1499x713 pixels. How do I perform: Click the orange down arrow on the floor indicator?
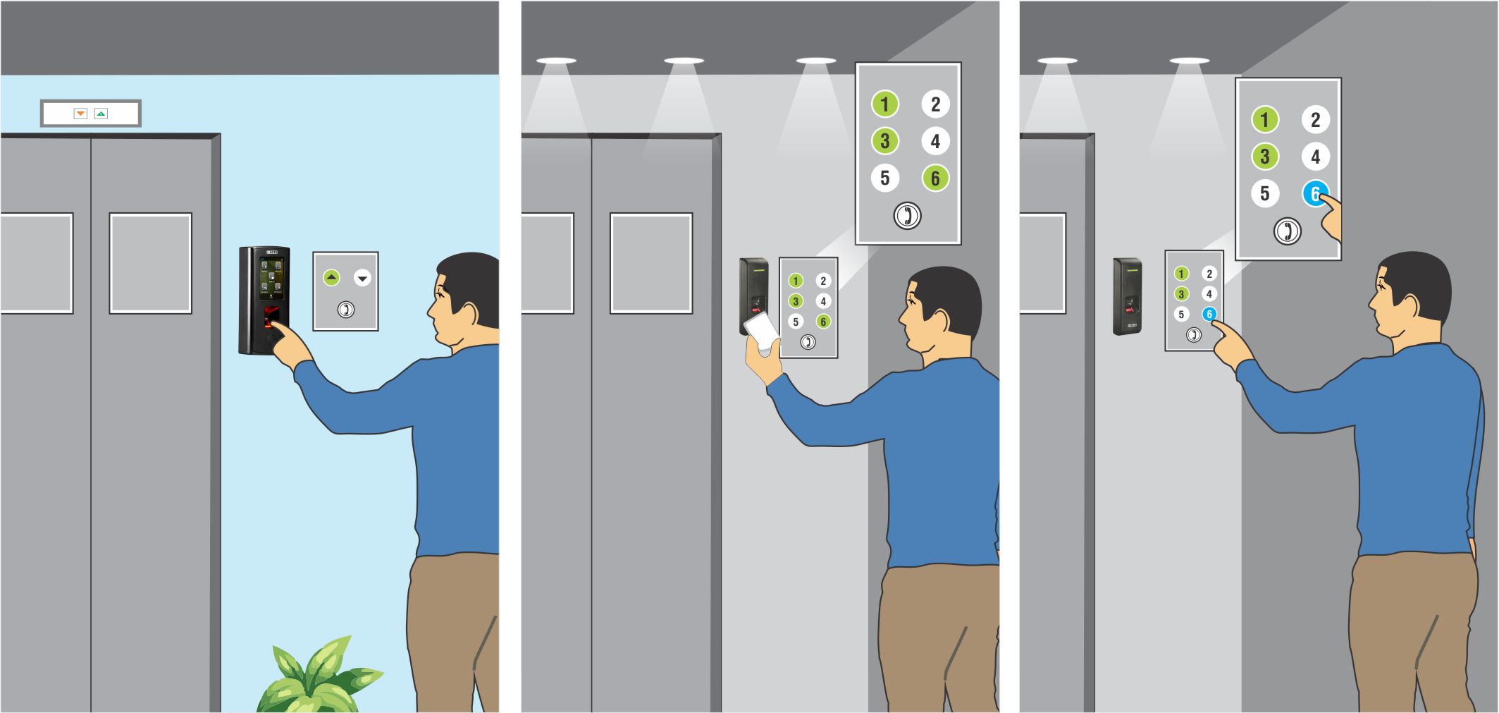pos(80,114)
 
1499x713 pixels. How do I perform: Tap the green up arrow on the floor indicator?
pos(101,114)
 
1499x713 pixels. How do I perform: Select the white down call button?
pos(362,278)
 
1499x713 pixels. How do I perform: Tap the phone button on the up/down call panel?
pos(345,309)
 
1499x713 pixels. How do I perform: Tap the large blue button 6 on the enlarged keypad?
pos(1314,193)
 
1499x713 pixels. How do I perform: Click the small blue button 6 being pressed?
pos(1209,314)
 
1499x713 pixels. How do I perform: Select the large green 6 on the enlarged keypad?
pos(935,178)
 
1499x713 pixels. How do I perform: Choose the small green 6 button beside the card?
pos(822,322)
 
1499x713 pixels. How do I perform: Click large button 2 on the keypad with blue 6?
pos(1315,120)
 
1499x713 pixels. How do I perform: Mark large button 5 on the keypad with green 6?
pos(884,178)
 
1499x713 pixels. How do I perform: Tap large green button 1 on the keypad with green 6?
pos(884,104)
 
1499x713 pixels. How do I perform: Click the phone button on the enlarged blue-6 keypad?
pos(1287,231)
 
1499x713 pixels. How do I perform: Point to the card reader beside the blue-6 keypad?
pos(1127,296)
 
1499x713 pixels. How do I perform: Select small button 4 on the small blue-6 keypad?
pos(1209,293)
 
